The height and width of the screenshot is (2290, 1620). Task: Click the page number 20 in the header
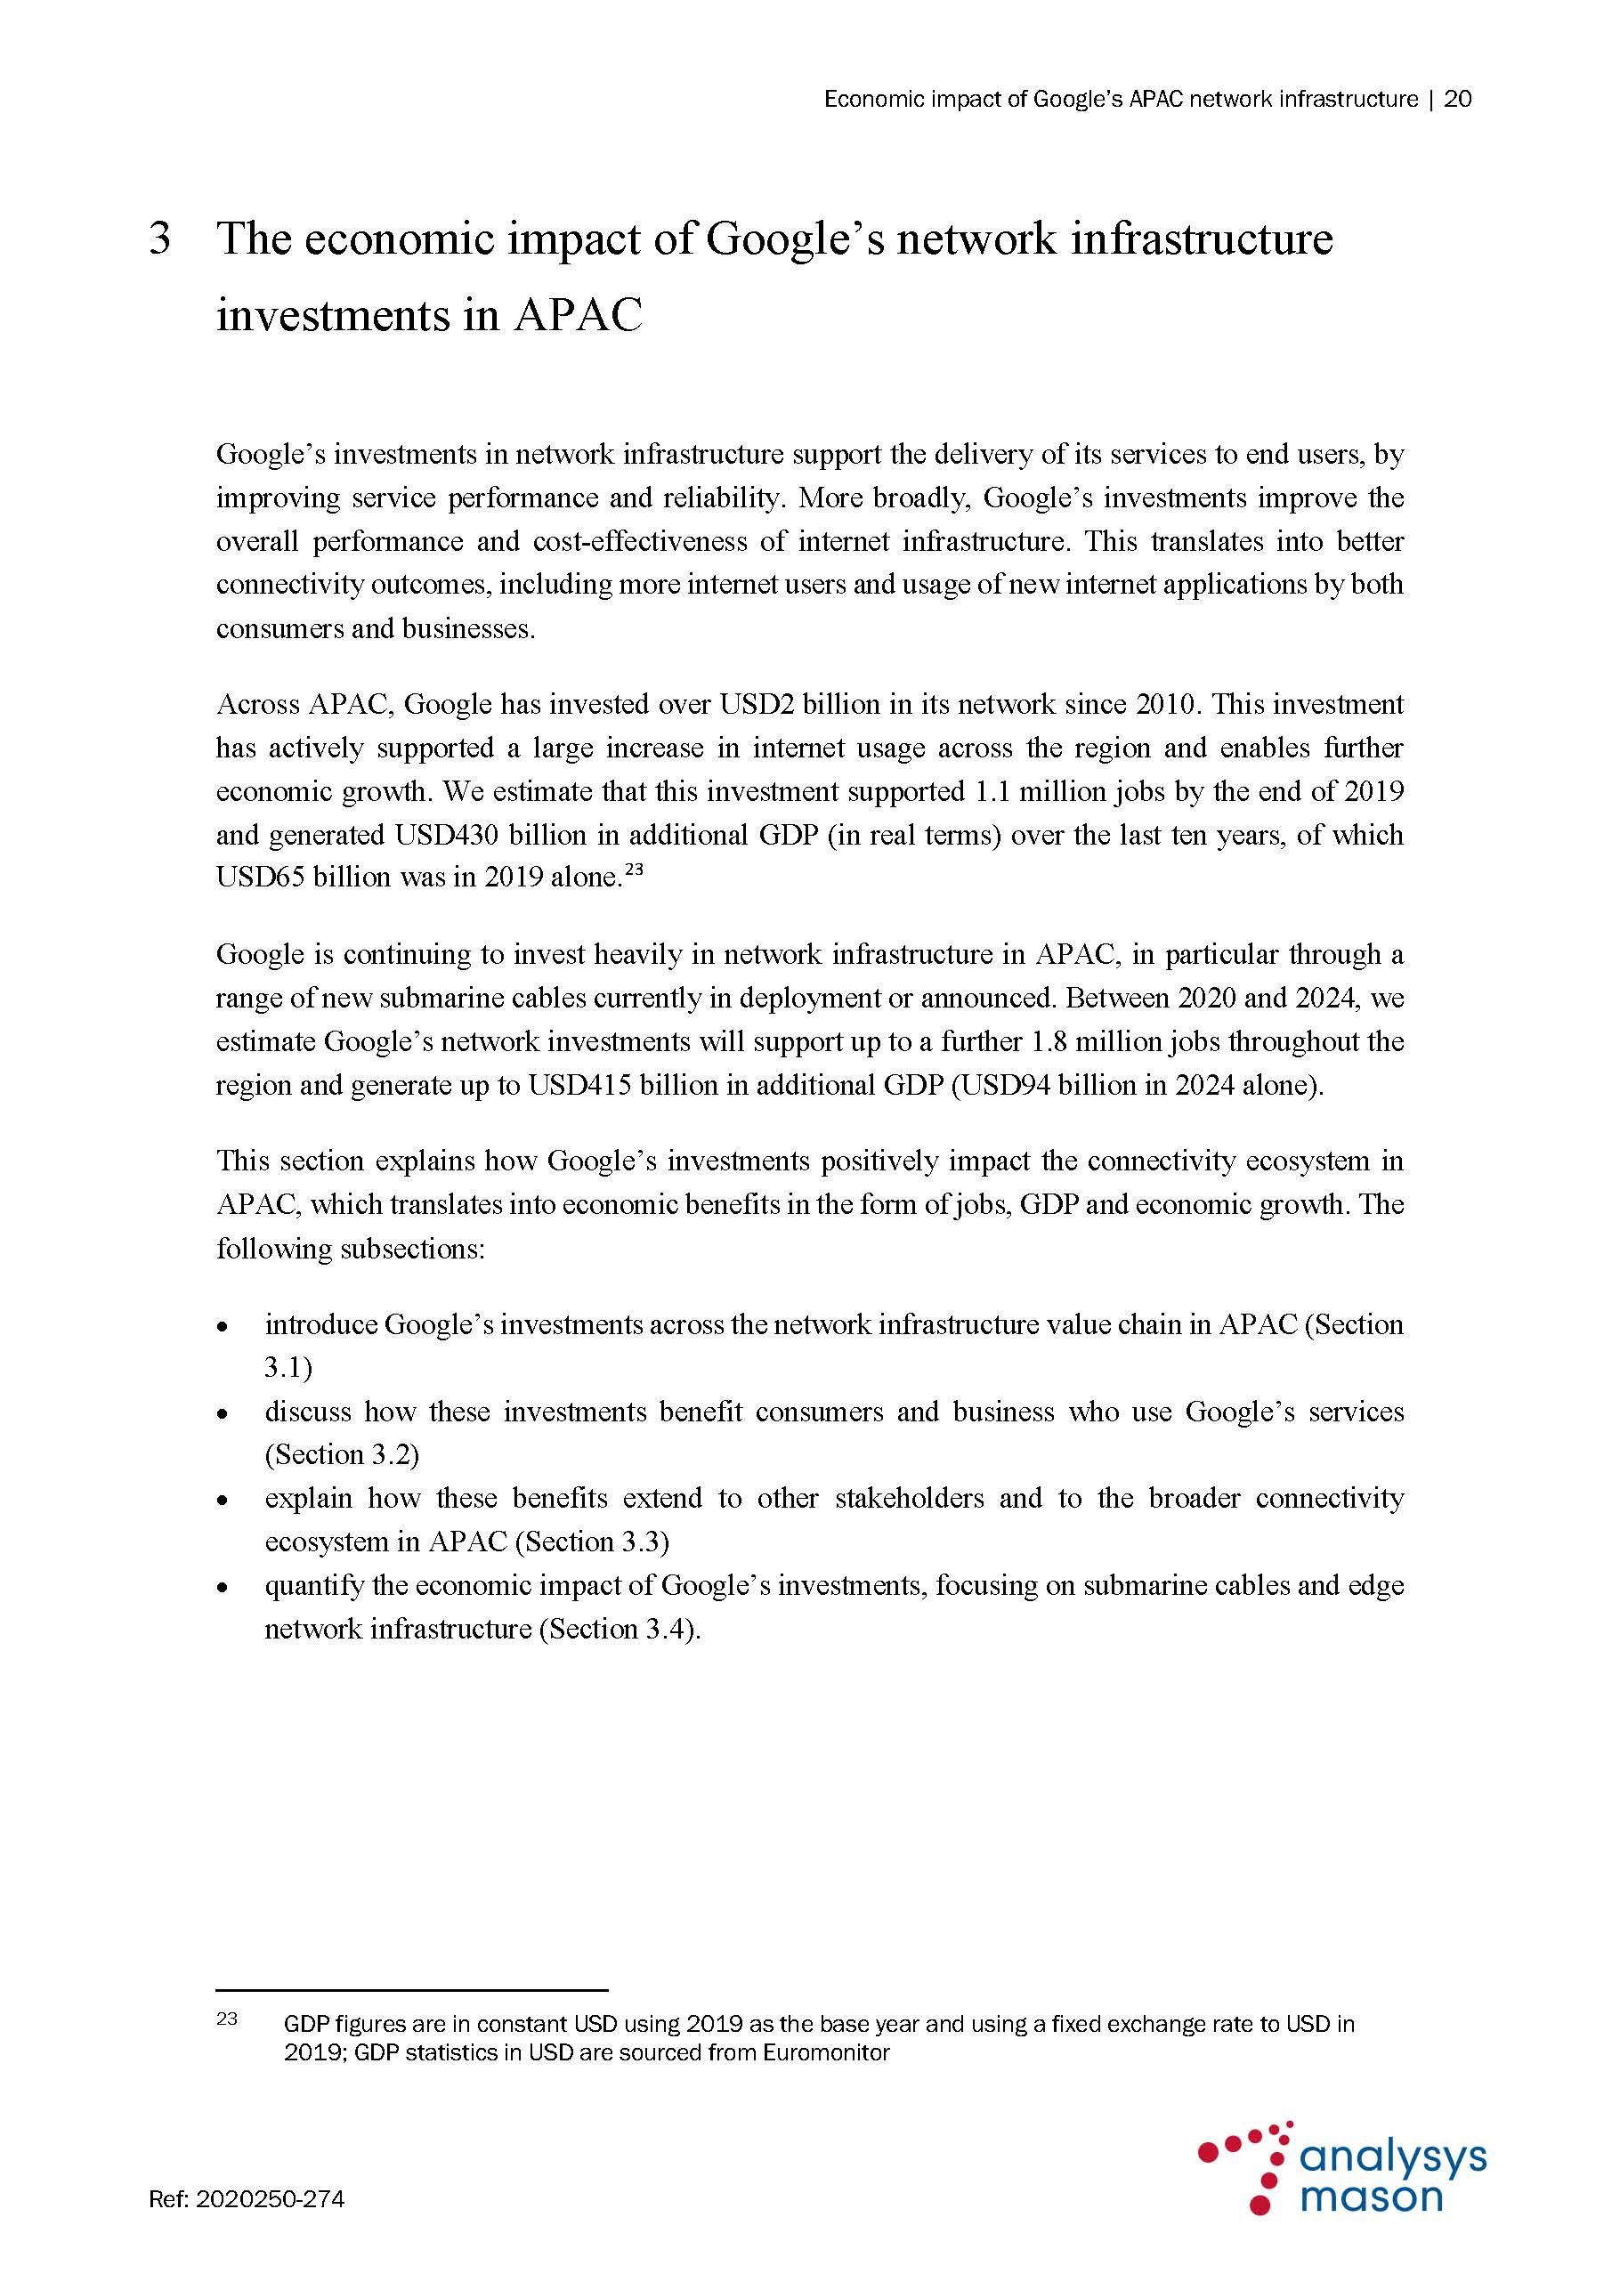pyautogui.click(x=1457, y=99)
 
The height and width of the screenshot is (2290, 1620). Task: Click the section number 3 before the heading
pyautogui.click(x=159, y=239)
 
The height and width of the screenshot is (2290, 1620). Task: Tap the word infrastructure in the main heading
pyautogui.click(x=1201, y=239)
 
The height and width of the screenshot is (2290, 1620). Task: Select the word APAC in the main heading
pyautogui.click(x=579, y=315)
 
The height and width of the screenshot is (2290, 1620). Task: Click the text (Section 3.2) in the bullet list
pyautogui.click(x=341, y=1455)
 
